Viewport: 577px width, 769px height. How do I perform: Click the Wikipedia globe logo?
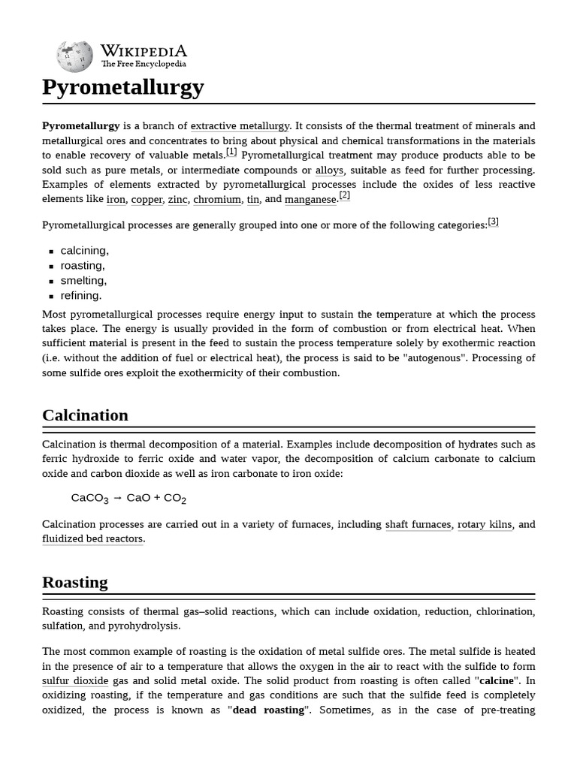[74, 56]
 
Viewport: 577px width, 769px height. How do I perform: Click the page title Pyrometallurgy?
[122, 87]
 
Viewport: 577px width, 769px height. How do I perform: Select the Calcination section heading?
[85, 415]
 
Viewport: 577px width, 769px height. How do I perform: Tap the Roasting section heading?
[74, 582]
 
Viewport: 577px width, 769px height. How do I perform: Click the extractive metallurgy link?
[240, 126]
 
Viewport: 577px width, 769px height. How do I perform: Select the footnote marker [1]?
[231, 152]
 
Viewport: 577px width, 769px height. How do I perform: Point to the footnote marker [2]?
[344, 195]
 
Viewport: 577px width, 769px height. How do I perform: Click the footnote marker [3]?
[493, 222]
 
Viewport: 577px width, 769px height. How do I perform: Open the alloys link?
[329, 170]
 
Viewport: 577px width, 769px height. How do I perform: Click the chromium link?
[217, 200]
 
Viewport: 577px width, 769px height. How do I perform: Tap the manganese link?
[310, 200]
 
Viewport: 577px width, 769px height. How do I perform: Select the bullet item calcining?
[84, 251]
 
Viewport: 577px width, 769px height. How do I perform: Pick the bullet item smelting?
[83, 281]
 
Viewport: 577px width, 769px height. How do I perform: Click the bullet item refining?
[80, 296]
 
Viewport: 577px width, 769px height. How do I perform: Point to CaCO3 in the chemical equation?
[89, 498]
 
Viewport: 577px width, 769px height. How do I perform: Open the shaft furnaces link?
[418, 525]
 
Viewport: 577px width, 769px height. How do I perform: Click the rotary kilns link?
[485, 525]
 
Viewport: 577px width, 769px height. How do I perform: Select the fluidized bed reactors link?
[92, 539]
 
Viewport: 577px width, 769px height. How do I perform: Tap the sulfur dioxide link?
[75, 681]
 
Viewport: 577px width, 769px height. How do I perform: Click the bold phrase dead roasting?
[268, 710]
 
